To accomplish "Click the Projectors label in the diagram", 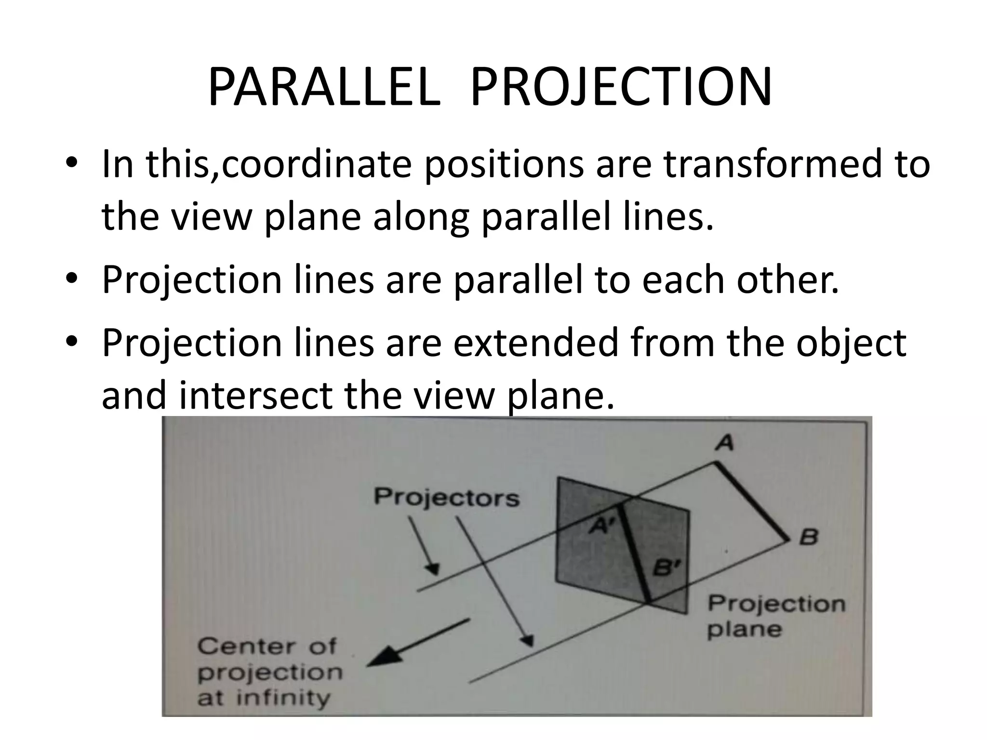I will click(447, 497).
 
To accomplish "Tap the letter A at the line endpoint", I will click(724, 442).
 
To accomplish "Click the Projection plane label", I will click(776, 616).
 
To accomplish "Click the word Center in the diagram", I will click(245, 646).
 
